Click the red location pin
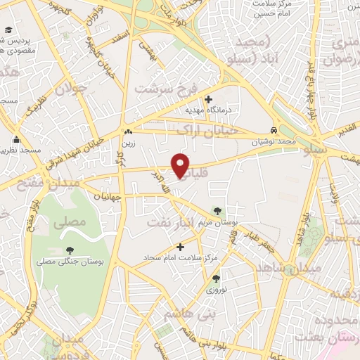coord(181,165)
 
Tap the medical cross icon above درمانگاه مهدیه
coord(208,98)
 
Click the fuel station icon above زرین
coord(127,132)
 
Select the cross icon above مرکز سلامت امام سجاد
coord(181,247)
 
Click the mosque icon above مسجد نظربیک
coord(16,139)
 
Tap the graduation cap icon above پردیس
coord(8,30)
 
